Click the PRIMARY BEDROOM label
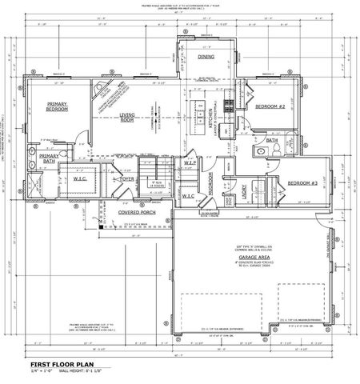57,106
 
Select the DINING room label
206,58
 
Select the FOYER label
126,180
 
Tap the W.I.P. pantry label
190,162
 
